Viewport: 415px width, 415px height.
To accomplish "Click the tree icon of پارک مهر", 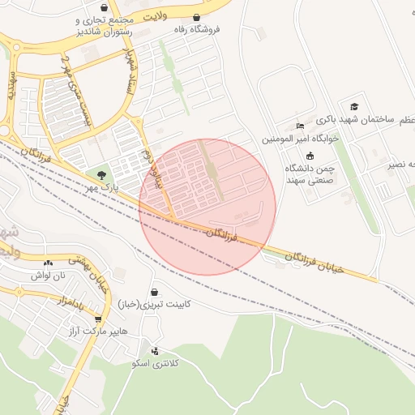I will (101, 174).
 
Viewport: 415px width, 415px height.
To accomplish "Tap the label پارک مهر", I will (103, 188).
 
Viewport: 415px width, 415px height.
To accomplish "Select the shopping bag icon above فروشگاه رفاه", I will (196, 17).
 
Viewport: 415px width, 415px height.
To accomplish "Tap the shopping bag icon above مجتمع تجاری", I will (86, 5).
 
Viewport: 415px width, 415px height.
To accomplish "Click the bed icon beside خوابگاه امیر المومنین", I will (301, 126).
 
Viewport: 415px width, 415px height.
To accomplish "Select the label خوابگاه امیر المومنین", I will (301, 139).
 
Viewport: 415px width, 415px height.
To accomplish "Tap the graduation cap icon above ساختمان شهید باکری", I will (354, 107).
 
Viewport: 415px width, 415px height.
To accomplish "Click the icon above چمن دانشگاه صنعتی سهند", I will (310, 156).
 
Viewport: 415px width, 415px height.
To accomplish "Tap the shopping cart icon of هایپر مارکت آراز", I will (99, 319).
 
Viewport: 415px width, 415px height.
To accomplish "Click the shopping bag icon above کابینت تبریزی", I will (154, 292).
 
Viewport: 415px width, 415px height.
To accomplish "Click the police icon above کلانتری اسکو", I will (155, 351).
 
